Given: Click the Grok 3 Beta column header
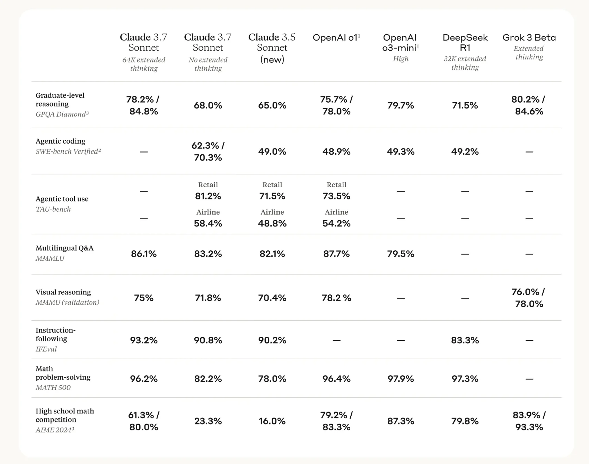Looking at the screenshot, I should coord(529,38).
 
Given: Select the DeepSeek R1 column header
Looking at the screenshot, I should coord(465,42).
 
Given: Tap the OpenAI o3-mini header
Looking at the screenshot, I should coord(401,42).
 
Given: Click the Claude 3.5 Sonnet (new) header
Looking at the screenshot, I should coord(272,48).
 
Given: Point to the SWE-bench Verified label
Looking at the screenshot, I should coord(68,152).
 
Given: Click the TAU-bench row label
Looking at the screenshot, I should coord(53,209).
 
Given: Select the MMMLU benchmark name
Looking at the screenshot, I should coord(50,258).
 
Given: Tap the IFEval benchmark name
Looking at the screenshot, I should coord(46,349).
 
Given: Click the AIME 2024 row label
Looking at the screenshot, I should coord(55,430).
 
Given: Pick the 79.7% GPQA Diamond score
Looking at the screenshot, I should coord(401,105).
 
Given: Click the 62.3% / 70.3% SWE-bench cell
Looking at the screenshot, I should coord(208,152).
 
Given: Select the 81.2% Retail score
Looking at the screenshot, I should coord(208,196).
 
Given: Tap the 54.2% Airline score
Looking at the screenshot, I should coord(336,224).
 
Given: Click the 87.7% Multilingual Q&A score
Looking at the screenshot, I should coord(336,254).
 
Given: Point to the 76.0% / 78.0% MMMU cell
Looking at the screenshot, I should coord(529,298).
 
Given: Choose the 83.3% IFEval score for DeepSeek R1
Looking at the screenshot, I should coord(465,340).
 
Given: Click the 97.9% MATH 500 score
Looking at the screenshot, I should coord(401,379).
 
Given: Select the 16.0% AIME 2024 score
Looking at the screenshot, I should coord(272,421).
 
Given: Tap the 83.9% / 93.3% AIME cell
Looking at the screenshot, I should coord(529,421).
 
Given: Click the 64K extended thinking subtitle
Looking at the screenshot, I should coord(144,64).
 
